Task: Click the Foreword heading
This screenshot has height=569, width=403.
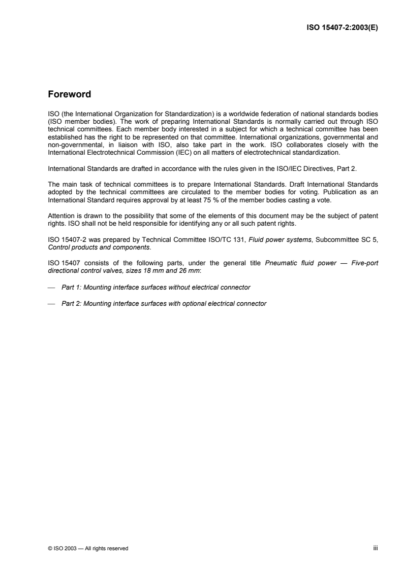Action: (x=69, y=94)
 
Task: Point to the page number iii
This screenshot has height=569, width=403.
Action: (x=376, y=548)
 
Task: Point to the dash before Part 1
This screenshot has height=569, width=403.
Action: (x=51, y=288)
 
